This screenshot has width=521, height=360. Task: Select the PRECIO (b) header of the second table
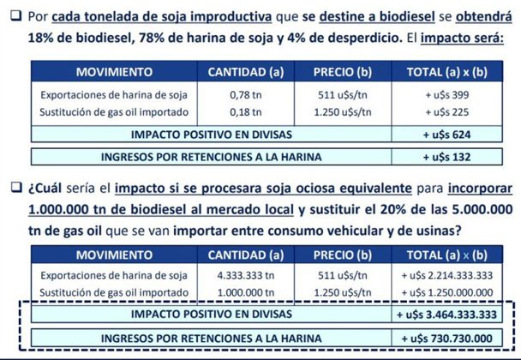[x=342, y=255]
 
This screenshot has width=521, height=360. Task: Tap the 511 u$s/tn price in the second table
[x=342, y=276]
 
